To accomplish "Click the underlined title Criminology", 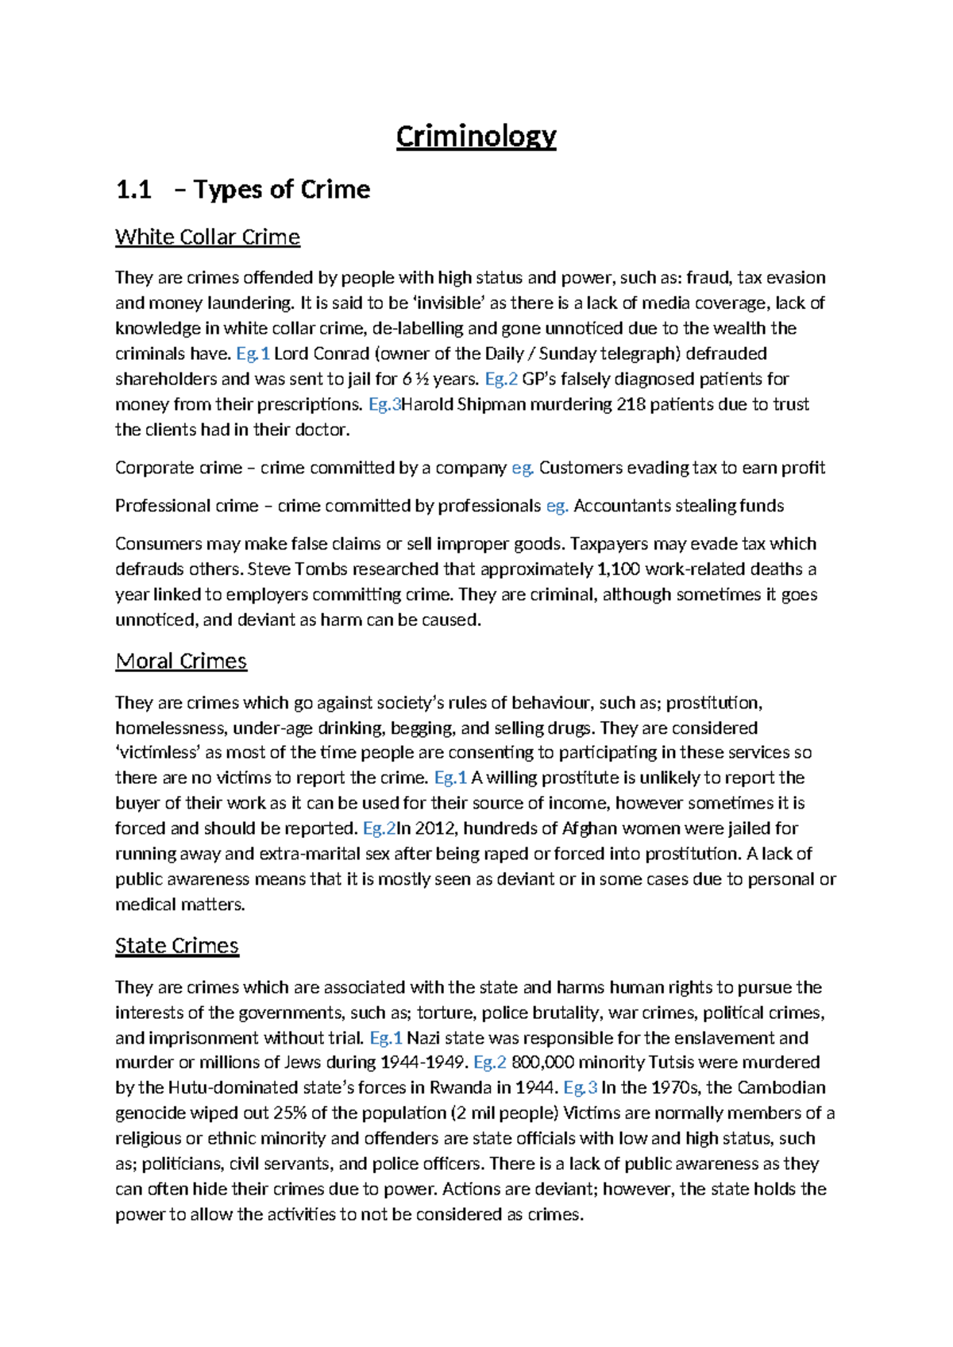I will pos(476,137).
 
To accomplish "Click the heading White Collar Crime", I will pos(207,237).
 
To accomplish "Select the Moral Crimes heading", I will pos(181,661).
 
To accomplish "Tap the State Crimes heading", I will pos(176,945).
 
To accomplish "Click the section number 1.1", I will pos(133,190).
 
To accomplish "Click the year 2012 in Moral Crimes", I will pos(435,828).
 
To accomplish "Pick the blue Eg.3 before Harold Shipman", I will pos(384,404).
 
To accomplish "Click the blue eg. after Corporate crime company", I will pos(522,468).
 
